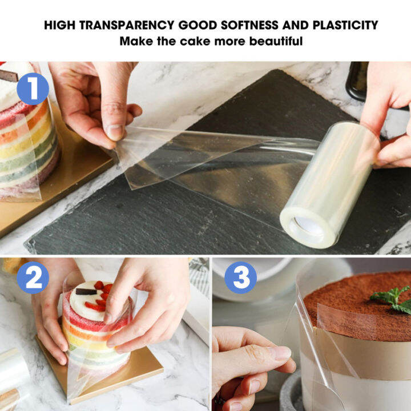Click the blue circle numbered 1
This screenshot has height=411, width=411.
33,89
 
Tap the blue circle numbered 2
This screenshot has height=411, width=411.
33,278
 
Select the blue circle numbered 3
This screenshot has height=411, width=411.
240,278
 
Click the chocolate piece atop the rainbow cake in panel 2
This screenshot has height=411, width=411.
86,291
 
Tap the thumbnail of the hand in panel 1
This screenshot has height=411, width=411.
115,132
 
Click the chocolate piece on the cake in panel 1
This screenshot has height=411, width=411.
9,75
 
